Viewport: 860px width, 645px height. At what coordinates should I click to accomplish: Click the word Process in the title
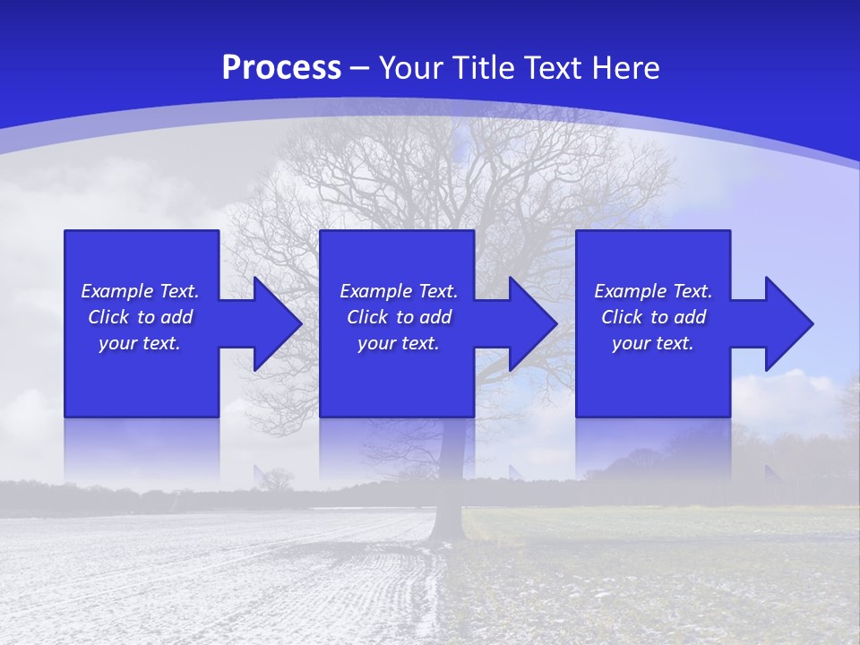click(x=281, y=68)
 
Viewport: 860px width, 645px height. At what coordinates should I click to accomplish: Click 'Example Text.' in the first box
click(x=140, y=291)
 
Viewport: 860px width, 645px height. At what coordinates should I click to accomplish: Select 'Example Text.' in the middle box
click(x=399, y=291)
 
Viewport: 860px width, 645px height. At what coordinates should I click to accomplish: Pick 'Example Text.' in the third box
click(x=653, y=291)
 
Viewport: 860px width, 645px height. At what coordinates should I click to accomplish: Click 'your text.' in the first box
click(x=140, y=343)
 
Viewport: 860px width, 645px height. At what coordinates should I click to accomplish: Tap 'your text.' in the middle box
click(x=399, y=343)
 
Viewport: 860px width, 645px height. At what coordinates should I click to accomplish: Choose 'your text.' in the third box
click(x=653, y=343)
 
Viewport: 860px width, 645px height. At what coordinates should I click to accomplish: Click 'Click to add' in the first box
click(x=140, y=317)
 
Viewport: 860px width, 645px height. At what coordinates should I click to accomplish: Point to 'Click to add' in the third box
click(x=653, y=317)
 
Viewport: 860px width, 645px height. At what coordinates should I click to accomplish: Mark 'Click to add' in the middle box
click(x=399, y=317)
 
